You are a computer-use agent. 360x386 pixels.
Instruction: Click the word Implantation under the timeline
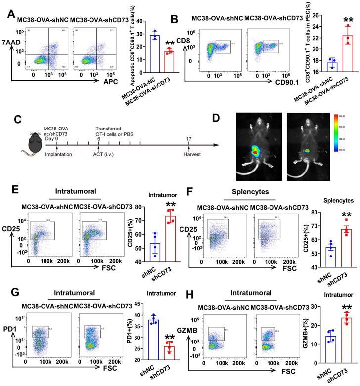tap(57, 154)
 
